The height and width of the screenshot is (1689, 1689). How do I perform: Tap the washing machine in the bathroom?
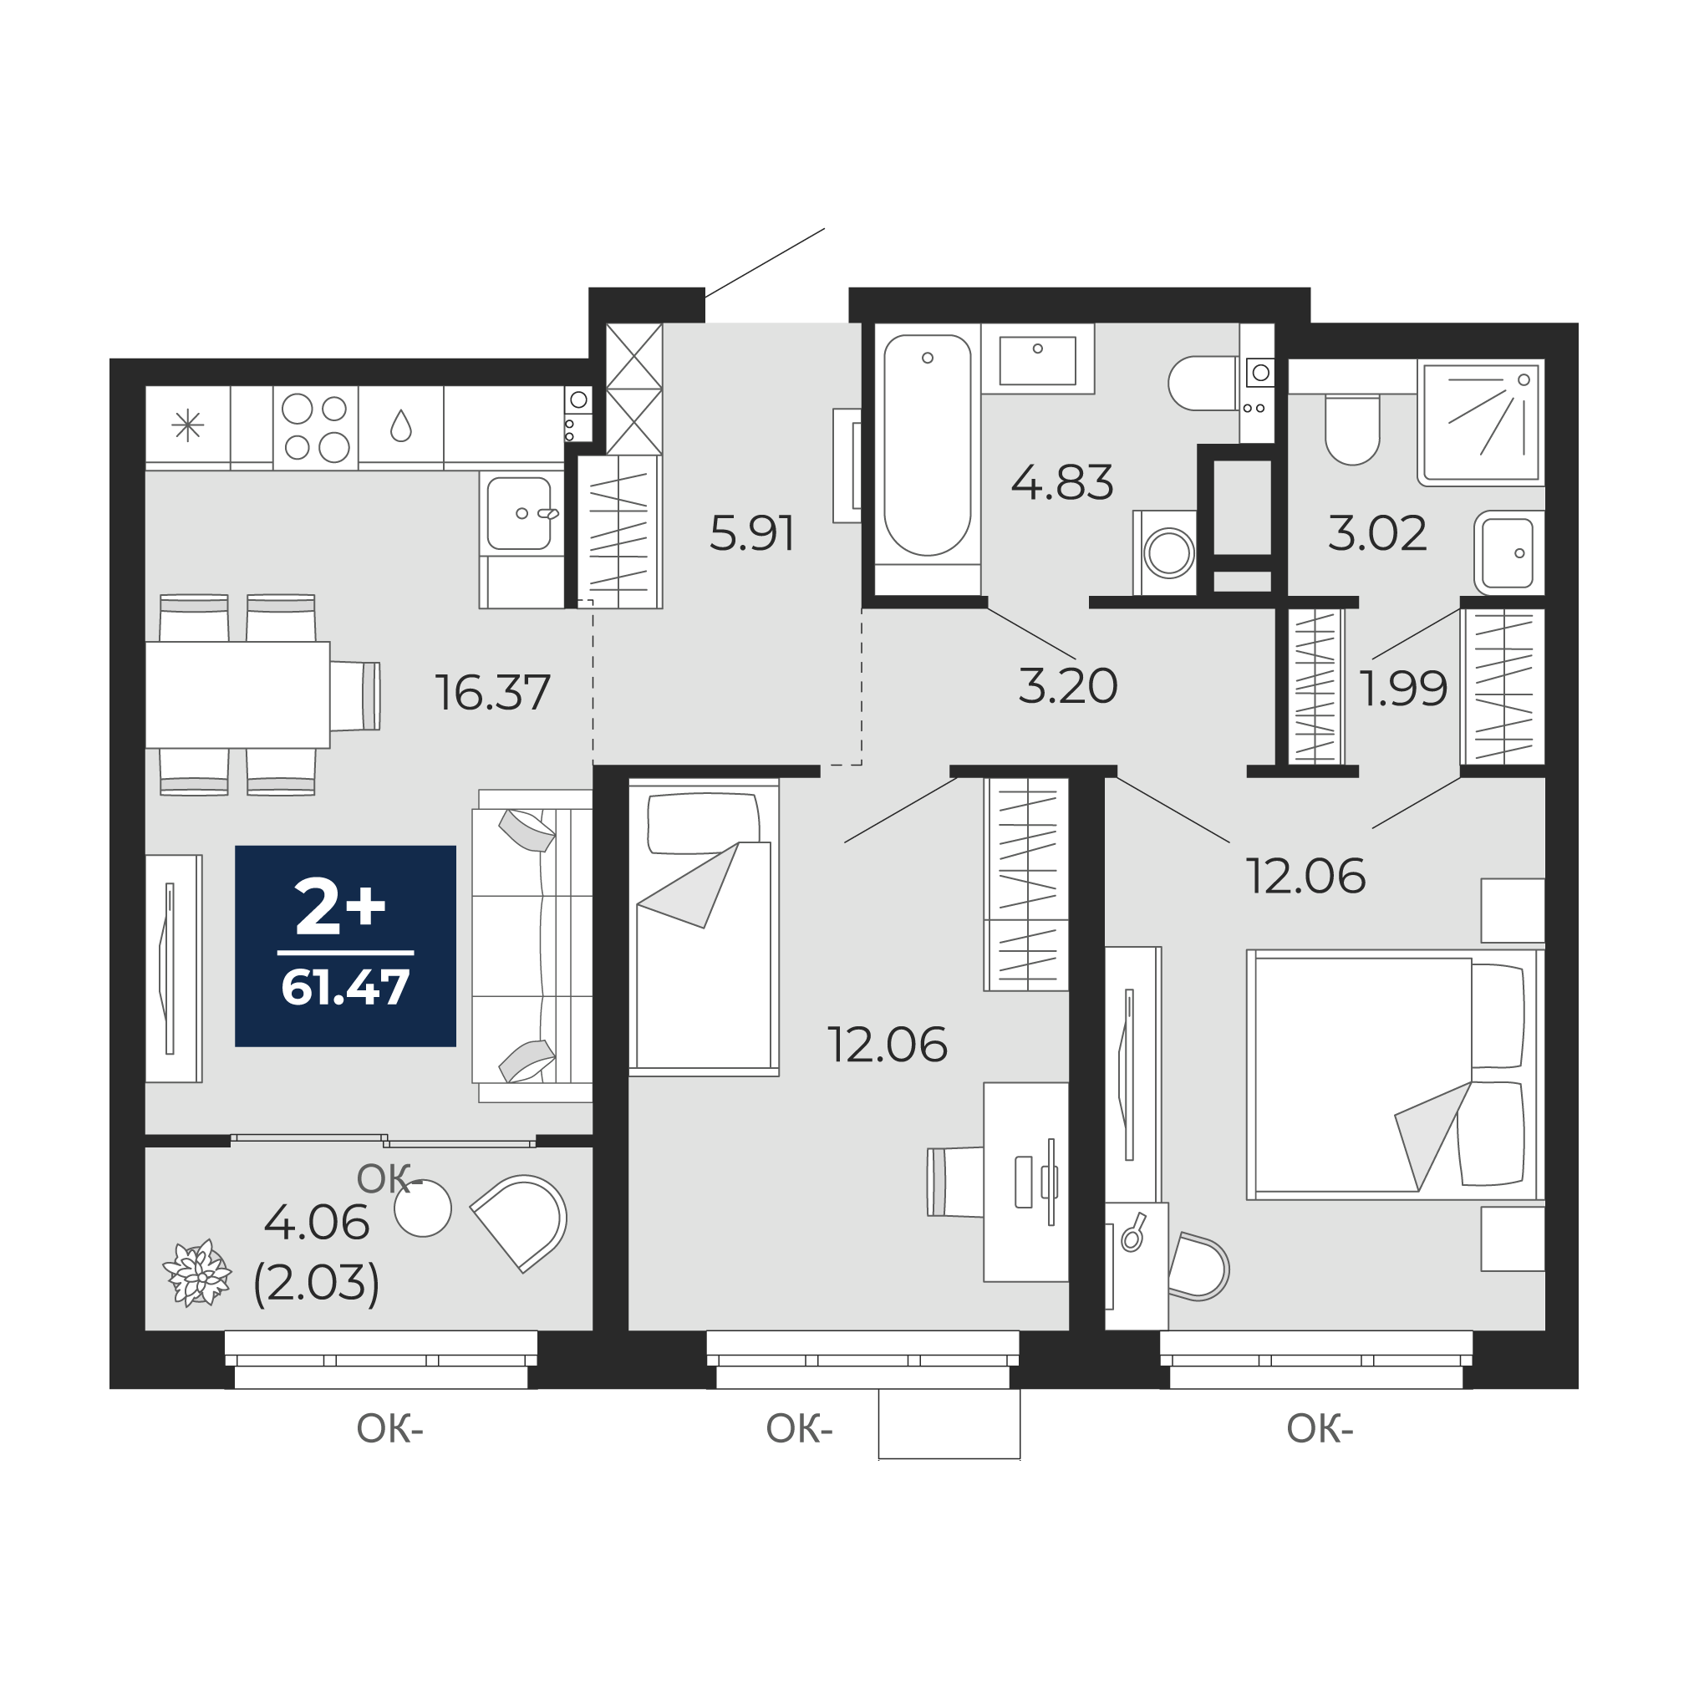tap(1164, 552)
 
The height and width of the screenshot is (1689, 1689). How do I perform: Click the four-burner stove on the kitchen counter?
tap(316, 428)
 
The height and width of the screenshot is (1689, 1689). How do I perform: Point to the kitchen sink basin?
tap(520, 512)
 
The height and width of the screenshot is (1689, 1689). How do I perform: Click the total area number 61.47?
tap(345, 987)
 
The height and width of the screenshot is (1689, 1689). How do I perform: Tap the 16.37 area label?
tap(493, 692)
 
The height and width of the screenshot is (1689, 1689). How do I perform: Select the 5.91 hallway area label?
tap(752, 534)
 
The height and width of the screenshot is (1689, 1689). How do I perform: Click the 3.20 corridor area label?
tap(1067, 685)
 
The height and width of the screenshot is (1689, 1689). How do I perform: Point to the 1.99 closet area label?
tap(1403, 689)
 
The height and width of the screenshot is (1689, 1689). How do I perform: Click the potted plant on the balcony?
tap(198, 1272)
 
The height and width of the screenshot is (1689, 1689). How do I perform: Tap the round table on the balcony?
tap(423, 1208)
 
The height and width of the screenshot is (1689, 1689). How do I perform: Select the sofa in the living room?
tap(532, 946)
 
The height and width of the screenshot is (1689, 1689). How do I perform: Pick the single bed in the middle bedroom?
tap(704, 927)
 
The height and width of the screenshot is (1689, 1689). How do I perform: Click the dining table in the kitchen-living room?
tap(238, 695)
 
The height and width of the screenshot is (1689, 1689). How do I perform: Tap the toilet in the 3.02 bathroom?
tap(1352, 429)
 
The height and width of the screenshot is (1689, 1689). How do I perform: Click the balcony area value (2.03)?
tap(317, 1283)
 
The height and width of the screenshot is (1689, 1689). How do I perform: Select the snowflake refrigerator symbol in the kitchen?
tap(188, 426)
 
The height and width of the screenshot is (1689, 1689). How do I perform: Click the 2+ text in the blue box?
tap(340, 907)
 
